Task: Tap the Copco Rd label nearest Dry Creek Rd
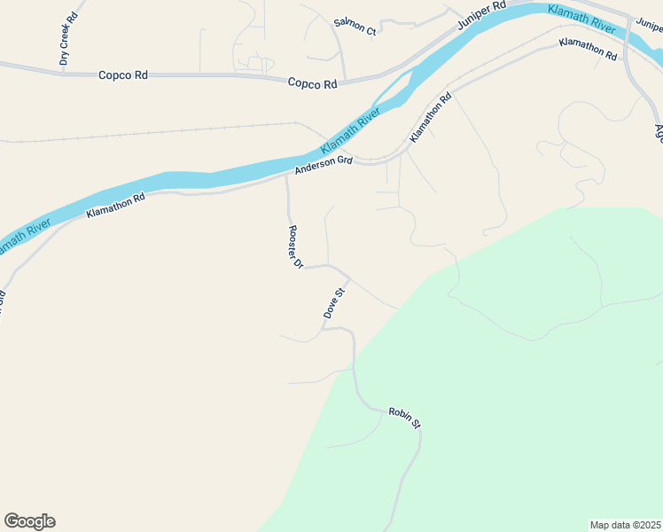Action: pyautogui.click(x=123, y=75)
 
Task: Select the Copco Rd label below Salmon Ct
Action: pyautogui.click(x=313, y=84)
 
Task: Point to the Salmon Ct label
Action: pyautogui.click(x=355, y=27)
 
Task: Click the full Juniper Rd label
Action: pyautogui.click(x=481, y=17)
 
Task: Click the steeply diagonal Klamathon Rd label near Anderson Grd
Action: pyautogui.click(x=431, y=118)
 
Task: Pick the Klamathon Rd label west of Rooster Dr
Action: pyautogui.click(x=115, y=206)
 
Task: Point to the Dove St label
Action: pyautogui.click(x=333, y=303)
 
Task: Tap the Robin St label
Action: pyautogui.click(x=404, y=418)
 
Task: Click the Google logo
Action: pyautogui.click(x=29, y=521)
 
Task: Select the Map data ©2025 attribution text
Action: pyautogui.click(x=625, y=524)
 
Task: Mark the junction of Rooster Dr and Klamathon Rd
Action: pyautogui.click(x=286, y=176)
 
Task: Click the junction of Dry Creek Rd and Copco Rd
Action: pyautogui.click(x=62, y=73)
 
